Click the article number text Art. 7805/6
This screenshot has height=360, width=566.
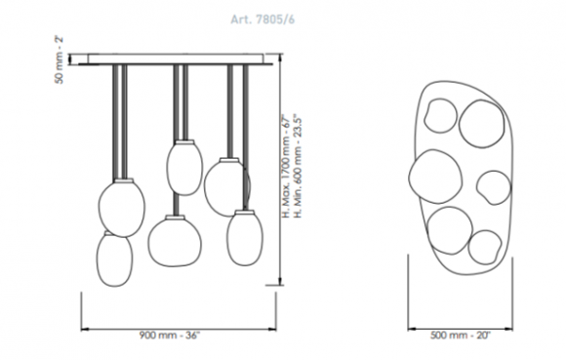263,19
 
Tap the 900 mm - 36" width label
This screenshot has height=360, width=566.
169,335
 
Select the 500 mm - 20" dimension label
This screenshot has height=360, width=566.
461,335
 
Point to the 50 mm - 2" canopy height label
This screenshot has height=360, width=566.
60,60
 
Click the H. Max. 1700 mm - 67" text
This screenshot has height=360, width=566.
286,166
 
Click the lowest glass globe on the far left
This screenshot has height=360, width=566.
114,259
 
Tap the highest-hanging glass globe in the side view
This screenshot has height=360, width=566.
184,168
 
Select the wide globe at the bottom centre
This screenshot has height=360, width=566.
175,241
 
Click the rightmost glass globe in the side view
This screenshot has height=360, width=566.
245,238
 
